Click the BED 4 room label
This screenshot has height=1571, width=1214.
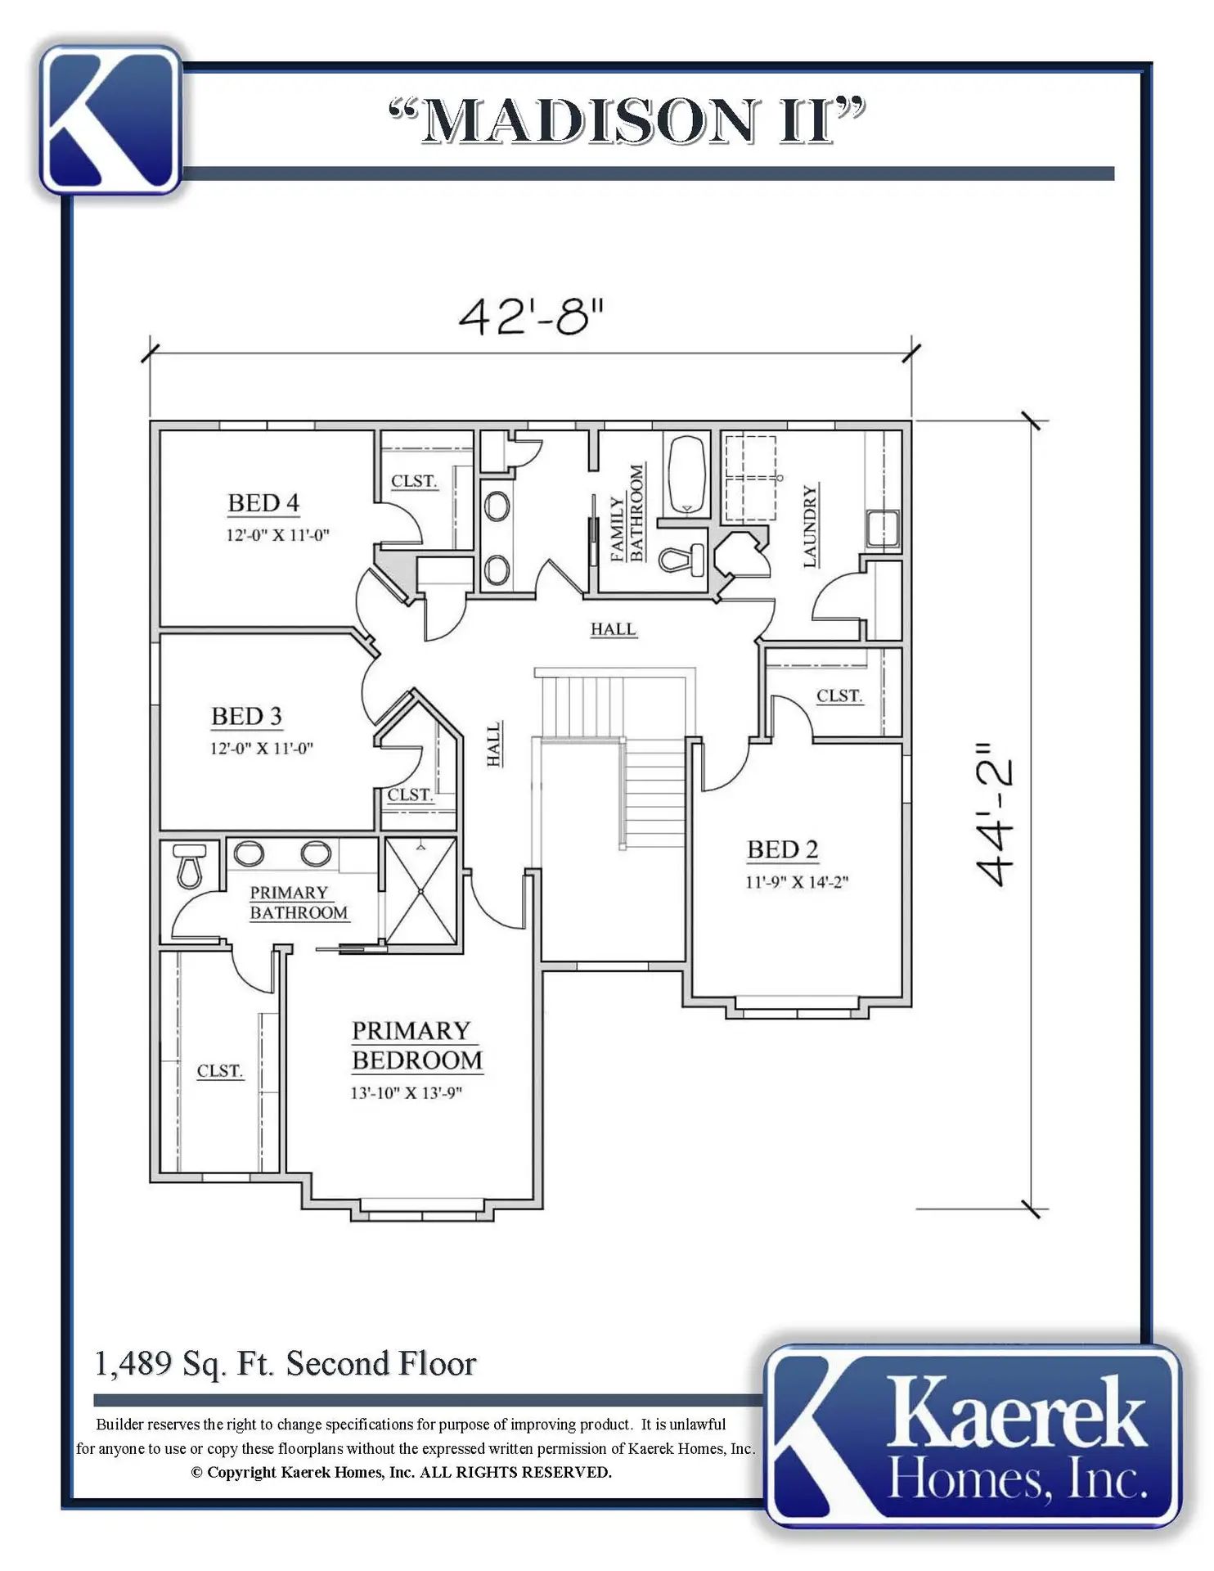(x=263, y=503)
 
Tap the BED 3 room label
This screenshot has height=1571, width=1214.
(x=246, y=717)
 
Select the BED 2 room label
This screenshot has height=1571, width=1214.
(x=783, y=850)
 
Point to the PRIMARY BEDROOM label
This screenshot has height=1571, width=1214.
(x=417, y=1046)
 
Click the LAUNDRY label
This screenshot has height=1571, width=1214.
(x=810, y=526)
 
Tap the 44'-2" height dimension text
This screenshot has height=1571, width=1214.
(x=997, y=814)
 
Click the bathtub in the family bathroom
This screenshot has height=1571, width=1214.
(x=687, y=475)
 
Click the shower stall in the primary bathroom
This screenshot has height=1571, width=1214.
(x=420, y=891)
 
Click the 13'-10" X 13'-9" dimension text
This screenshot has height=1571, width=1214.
(x=407, y=1093)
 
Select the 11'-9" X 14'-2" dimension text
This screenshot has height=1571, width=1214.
(x=797, y=882)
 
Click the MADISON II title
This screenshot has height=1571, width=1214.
(x=627, y=121)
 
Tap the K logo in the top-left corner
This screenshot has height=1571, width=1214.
(x=110, y=119)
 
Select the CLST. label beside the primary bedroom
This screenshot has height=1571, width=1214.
(x=220, y=1071)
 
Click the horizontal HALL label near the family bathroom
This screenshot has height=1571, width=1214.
(x=614, y=629)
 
